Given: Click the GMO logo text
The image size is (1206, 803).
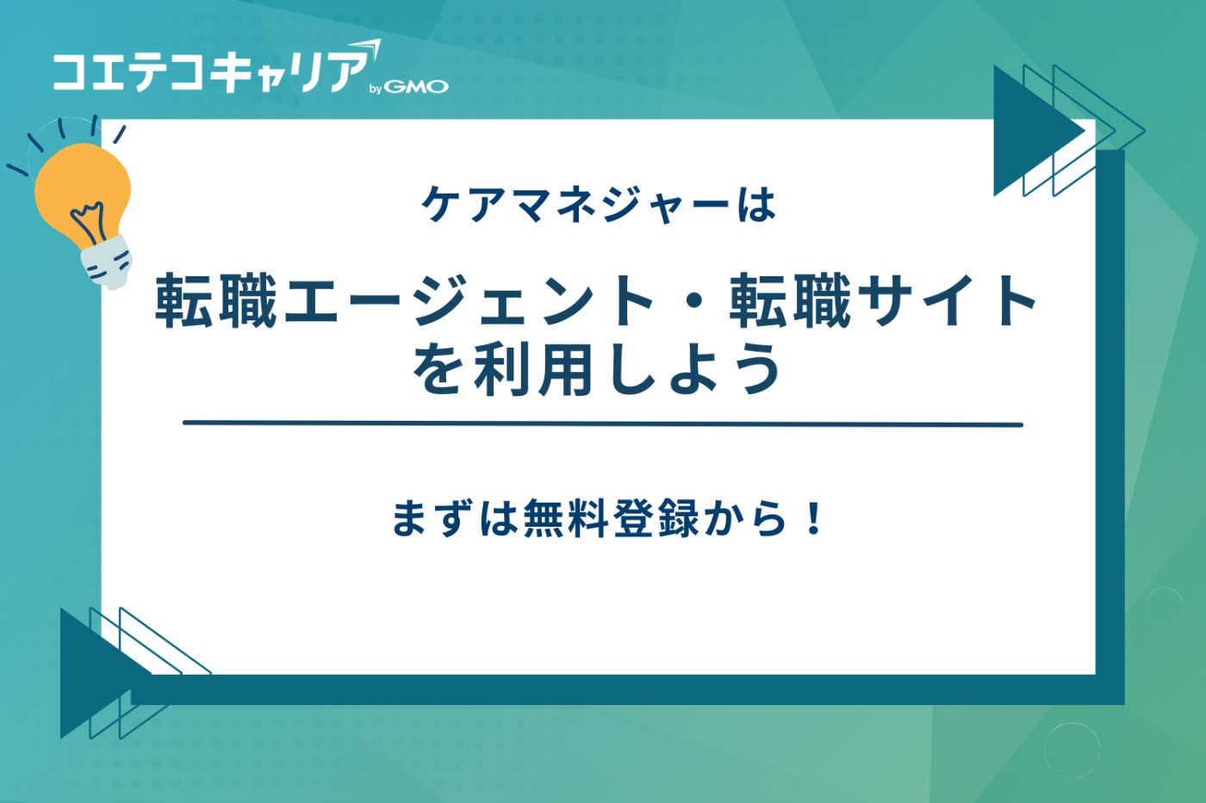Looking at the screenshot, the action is [x=416, y=87].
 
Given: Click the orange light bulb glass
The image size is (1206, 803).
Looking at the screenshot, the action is [x=83, y=195].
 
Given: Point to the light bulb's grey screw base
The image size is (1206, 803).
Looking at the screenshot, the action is [x=107, y=262].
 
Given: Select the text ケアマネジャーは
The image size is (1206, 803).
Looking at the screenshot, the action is [x=598, y=205].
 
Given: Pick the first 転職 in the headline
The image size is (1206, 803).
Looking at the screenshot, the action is [x=216, y=300].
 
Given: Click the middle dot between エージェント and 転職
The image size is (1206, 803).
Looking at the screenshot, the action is [x=693, y=301].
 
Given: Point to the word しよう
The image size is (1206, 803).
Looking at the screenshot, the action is [x=693, y=371].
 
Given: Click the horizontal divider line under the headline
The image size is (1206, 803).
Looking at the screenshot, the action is [x=603, y=423].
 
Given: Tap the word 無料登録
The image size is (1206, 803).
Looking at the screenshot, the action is [x=611, y=518].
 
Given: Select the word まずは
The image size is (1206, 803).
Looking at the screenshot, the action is [x=455, y=518].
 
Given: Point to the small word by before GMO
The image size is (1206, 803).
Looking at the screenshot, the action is [x=376, y=89].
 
